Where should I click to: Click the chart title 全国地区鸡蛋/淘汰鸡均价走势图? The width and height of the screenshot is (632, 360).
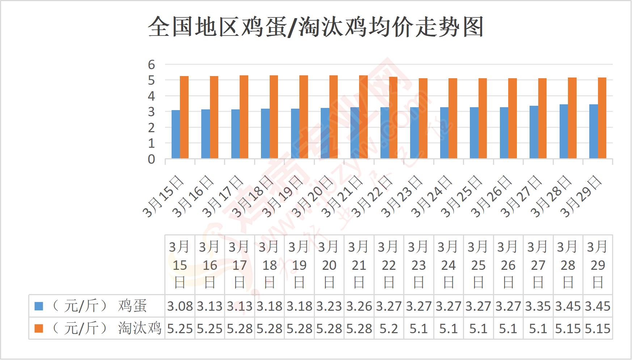point(316,27)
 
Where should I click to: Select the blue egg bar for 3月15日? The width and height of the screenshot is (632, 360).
point(176,134)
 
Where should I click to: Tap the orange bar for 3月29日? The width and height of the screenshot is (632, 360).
point(602,118)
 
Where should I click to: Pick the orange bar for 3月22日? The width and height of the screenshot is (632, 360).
point(393,118)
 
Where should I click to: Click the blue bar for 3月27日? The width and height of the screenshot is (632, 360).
point(534,132)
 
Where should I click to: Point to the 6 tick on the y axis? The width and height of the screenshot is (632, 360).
point(151,65)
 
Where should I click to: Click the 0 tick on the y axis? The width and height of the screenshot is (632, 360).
point(151,159)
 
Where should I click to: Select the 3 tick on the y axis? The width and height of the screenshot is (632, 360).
point(151,112)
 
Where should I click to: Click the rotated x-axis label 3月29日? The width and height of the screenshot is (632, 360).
point(581,197)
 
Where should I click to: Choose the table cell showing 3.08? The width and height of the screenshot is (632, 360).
point(180,306)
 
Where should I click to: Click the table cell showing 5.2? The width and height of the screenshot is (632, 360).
point(389,329)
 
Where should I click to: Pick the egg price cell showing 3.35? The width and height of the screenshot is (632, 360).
point(538,306)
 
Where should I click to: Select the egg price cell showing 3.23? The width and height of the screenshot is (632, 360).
point(329,306)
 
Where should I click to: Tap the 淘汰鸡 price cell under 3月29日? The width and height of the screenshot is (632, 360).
point(598,329)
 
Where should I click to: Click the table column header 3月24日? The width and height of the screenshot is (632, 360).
point(448,265)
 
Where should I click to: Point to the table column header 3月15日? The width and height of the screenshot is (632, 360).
point(180,265)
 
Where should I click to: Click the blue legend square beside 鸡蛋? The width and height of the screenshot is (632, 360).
point(39,306)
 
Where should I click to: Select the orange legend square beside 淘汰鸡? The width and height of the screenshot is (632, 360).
point(39,328)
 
